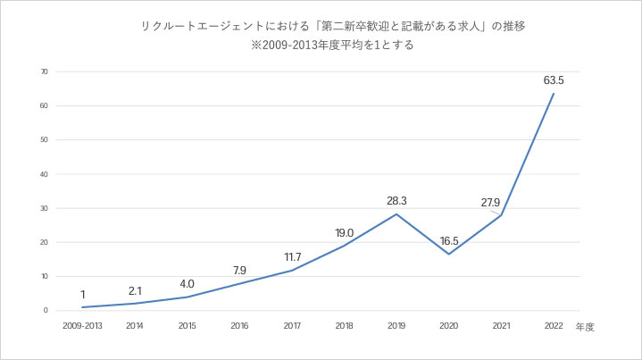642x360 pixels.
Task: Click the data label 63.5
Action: (x=554, y=80)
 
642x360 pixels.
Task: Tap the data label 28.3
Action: (x=396, y=201)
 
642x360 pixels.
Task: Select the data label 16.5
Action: (x=449, y=239)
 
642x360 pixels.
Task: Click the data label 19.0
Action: (x=344, y=232)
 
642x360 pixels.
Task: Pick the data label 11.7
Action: (x=291, y=256)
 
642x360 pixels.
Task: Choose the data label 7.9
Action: (x=238, y=270)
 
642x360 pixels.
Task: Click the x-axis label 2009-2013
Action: (x=81, y=326)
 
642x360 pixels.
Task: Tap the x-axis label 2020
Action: (x=448, y=326)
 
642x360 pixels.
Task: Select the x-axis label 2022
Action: (x=554, y=326)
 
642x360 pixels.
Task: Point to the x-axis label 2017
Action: (x=291, y=326)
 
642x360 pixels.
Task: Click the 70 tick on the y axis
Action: (x=43, y=71)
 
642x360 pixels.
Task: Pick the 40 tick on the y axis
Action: (x=43, y=174)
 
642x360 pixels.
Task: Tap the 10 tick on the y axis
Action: (x=43, y=276)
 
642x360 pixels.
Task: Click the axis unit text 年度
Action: (x=585, y=327)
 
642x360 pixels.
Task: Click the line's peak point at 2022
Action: (x=554, y=94)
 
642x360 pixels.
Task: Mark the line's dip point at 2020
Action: (x=448, y=254)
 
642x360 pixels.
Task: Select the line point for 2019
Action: (x=396, y=214)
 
